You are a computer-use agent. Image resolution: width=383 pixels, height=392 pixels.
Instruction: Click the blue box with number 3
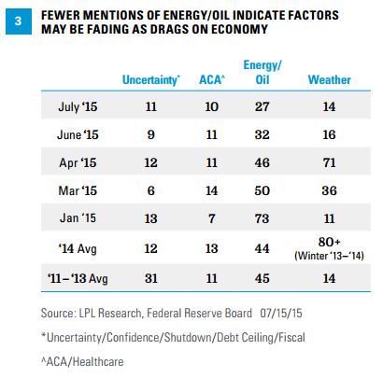(19, 21)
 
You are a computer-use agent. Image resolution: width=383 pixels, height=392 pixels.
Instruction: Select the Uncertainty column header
(151, 80)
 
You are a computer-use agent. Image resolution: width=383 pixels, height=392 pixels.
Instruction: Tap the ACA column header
(212, 79)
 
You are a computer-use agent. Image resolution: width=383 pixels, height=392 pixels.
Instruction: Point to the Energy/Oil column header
(262, 73)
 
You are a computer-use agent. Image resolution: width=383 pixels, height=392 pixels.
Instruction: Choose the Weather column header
(330, 79)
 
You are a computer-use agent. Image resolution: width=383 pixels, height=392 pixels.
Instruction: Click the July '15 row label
(78, 106)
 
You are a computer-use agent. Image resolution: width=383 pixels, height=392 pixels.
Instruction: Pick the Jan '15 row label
(78, 218)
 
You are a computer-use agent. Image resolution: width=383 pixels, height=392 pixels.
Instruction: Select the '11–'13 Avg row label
(78, 278)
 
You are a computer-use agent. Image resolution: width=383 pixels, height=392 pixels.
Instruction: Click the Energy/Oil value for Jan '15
(262, 218)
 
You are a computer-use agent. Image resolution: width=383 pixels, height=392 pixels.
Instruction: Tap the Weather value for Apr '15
(329, 162)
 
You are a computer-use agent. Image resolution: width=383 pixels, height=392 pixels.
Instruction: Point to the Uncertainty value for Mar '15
(151, 190)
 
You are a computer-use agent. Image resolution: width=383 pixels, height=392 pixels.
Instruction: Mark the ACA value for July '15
(212, 106)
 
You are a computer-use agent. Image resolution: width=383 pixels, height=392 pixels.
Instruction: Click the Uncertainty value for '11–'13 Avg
(151, 278)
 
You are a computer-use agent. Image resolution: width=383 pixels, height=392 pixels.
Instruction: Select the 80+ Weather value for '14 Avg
(330, 242)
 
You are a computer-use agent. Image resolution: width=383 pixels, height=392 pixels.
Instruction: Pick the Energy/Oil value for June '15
(262, 134)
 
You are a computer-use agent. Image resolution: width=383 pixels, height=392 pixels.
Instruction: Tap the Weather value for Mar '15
(329, 190)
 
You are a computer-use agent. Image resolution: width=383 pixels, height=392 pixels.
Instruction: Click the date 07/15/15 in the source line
(281, 313)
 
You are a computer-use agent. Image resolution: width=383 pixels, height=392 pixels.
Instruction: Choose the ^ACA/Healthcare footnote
(82, 362)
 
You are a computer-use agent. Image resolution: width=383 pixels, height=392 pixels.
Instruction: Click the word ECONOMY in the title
(239, 29)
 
